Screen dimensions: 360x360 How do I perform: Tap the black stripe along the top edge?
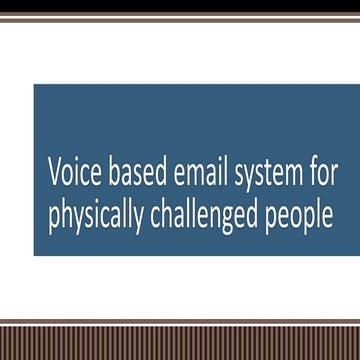180,4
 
